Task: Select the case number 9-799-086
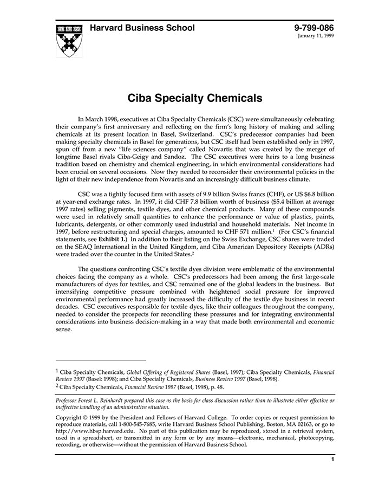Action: pos(314,28)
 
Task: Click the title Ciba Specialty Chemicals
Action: pos(195,99)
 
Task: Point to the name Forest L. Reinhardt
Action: pos(104,400)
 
